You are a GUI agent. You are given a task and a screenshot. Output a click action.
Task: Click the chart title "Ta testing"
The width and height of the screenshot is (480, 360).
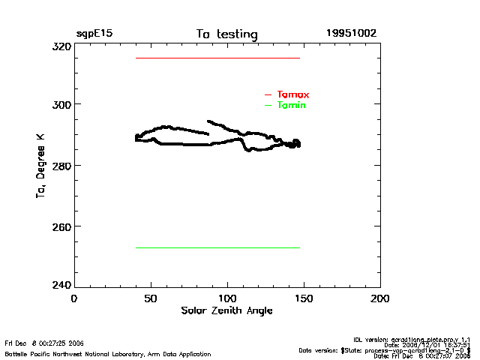(226, 34)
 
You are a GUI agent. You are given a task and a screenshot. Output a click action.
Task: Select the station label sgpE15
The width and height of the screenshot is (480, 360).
(94, 34)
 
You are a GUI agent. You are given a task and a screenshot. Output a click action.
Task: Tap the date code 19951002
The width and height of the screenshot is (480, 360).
(351, 34)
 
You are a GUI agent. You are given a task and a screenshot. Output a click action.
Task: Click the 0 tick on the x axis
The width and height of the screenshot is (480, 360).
(73, 298)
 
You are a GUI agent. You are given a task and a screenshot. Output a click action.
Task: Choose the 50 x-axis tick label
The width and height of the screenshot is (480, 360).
(151, 298)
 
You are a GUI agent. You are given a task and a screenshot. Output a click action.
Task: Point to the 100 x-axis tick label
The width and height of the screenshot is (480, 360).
(227, 298)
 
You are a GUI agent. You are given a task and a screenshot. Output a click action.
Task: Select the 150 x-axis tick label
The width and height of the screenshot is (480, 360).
(304, 298)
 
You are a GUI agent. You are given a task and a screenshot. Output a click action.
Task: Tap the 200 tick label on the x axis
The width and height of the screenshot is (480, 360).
(380, 298)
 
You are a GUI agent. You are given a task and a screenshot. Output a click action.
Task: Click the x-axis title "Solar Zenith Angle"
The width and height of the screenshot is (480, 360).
(226, 310)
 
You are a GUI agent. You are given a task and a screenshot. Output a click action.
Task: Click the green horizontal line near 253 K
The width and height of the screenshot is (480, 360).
(217, 247)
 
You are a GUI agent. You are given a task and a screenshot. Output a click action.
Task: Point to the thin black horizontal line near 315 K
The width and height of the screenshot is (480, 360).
(217, 58)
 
